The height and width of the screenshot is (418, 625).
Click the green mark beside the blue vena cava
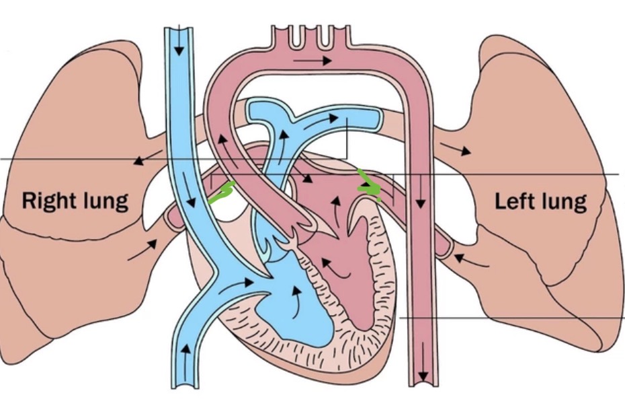(x=222, y=192)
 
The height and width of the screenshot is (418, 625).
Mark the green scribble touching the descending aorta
(x=368, y=186)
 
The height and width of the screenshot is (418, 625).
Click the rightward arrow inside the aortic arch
(x=312, y=61)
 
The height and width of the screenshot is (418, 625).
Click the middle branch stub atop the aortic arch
(x=310, y=37)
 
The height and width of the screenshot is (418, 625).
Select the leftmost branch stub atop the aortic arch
(x=294, y=37)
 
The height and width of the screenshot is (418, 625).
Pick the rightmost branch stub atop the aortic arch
(x=327, y=37)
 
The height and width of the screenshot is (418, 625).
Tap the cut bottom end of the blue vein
(x=185, y=386)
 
